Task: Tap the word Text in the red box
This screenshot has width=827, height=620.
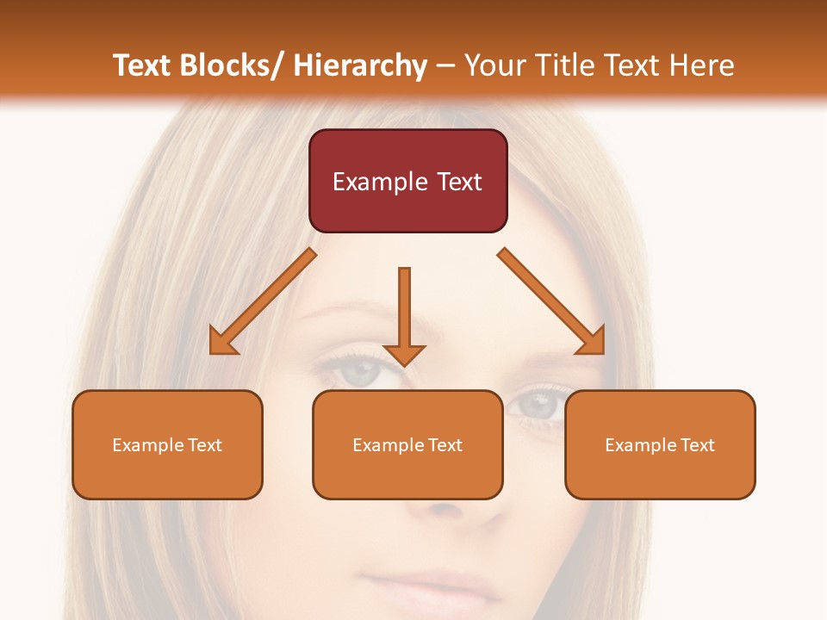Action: (459, 182)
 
